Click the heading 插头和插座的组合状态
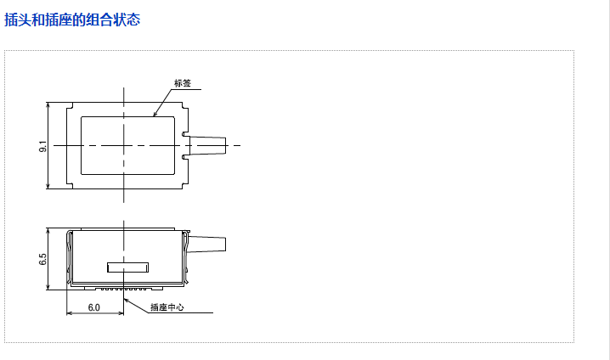tap(72, 20)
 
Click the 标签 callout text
tap(183, 83)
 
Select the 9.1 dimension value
tap(42, 146)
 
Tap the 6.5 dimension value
tap(42, 259)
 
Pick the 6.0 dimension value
tap(93, 307)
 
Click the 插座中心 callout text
tap(167, 307)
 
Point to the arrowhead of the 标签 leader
tap(155, 115)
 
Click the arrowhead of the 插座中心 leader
tap(126, 300)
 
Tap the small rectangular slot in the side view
tap(127, 267)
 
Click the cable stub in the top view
tap(206, 145)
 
